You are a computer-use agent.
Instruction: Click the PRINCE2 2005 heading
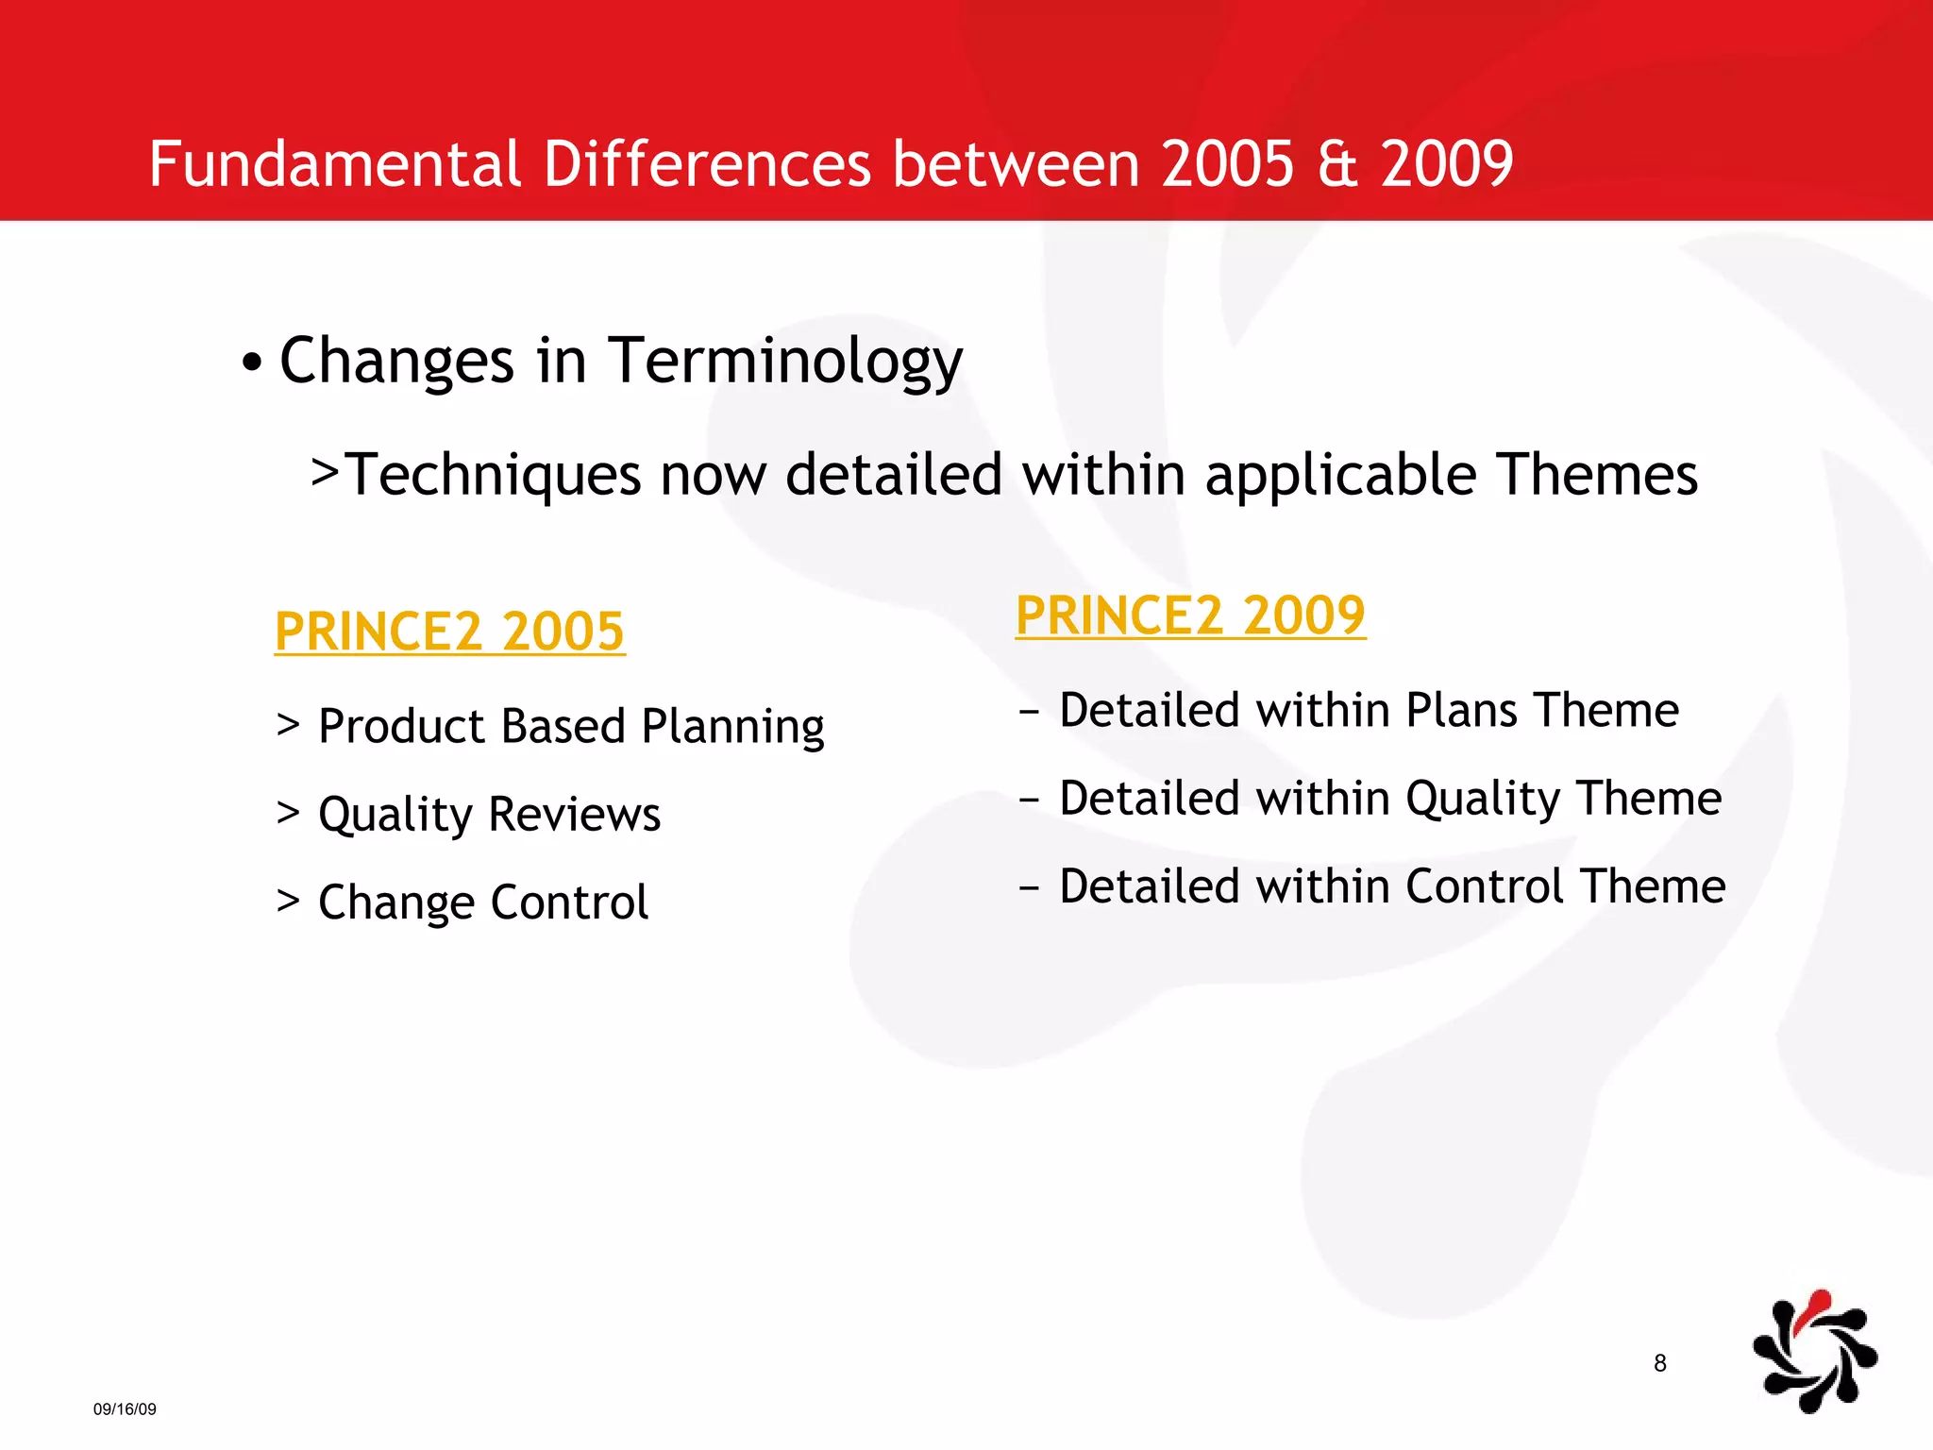(x=449, y=632)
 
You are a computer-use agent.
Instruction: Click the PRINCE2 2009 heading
(x=1190, y=615)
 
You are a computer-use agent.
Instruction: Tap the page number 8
(x=1660, y=1363)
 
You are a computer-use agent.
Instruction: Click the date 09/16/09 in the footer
(x=125, y=1409)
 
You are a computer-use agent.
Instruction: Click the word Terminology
(x=785, y=362)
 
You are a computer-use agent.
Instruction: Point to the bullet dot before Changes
(x=251, y=362)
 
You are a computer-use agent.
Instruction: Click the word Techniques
(x=495, y=475)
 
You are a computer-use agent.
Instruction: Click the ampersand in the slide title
(x=1337, y=164)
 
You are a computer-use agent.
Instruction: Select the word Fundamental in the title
(x=335, y=164)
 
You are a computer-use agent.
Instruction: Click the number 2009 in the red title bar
(x=1447, y=164)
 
